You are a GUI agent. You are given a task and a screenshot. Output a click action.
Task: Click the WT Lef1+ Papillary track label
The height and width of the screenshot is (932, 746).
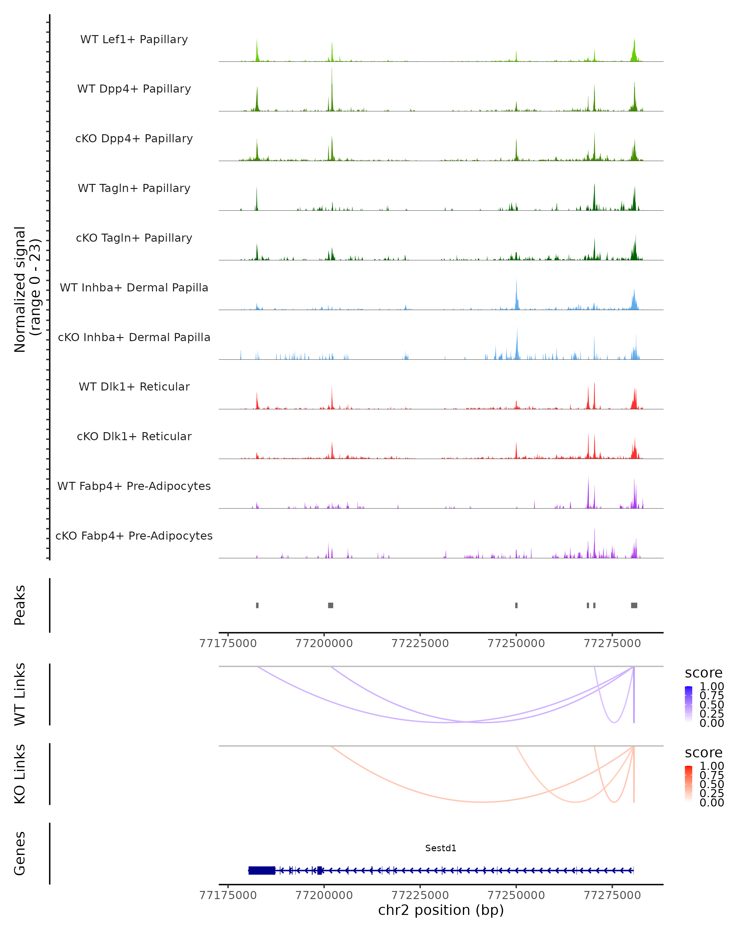click(x=134, y=39)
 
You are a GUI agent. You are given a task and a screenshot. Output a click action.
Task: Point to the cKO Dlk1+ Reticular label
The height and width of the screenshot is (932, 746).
click(x=134, y=436)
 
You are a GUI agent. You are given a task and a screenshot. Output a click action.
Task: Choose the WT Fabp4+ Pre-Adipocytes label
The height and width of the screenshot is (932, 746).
click(x=134, y=486)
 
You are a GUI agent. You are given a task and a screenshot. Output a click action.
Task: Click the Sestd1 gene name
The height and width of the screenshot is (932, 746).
click(x=441, y=848)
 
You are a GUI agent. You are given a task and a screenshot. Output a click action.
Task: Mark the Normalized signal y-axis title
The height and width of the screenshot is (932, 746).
click(x=27, y=289)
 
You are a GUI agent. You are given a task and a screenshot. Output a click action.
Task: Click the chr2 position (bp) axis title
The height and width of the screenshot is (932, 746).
click(x=441, y=910)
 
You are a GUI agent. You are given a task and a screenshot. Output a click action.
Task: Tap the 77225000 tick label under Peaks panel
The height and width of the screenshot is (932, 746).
click(x=420, y=643)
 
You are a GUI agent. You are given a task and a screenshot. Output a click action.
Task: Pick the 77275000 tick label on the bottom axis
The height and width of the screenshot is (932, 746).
click(x=612, y=895)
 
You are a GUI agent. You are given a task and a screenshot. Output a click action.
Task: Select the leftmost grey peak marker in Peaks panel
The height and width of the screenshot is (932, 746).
click(x=257, y=605)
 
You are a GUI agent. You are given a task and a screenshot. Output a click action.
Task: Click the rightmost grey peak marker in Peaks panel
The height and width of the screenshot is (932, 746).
click(x=634, y=605)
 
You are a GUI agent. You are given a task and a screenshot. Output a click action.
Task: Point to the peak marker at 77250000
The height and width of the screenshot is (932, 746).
click(x=516, y=605)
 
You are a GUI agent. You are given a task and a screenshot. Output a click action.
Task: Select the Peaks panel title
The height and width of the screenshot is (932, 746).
click(x=20, y=605)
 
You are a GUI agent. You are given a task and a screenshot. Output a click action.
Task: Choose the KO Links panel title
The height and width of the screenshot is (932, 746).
click(x=20, y=774)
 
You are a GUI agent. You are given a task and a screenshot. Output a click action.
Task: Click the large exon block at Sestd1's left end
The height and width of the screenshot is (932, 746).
click(x=262, y=870)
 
